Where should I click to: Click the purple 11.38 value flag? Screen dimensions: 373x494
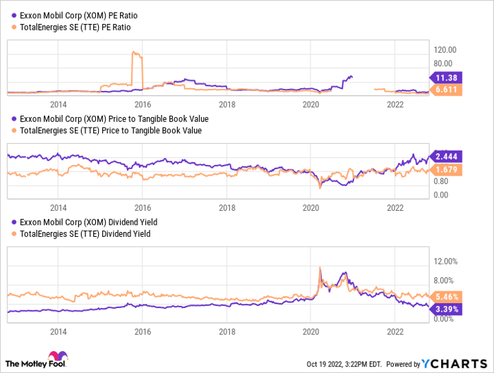[x=445, y=78]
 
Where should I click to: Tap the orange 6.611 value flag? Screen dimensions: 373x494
[x=445, y=91]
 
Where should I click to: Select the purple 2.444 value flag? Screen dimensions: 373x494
[x=445, y=155]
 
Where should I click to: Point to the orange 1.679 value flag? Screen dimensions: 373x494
[x=445, y=169]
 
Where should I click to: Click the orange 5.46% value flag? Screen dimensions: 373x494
[x=445, y=296]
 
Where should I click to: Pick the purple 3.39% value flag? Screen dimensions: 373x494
[x=445, y=309]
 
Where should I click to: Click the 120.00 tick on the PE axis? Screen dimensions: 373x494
[x=446, y=49]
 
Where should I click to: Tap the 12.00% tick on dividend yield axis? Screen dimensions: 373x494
[x=446, y=261]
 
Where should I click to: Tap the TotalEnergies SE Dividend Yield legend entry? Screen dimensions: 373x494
[x=81, y=233]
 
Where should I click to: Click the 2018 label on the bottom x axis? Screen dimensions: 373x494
[x=227, y=331]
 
